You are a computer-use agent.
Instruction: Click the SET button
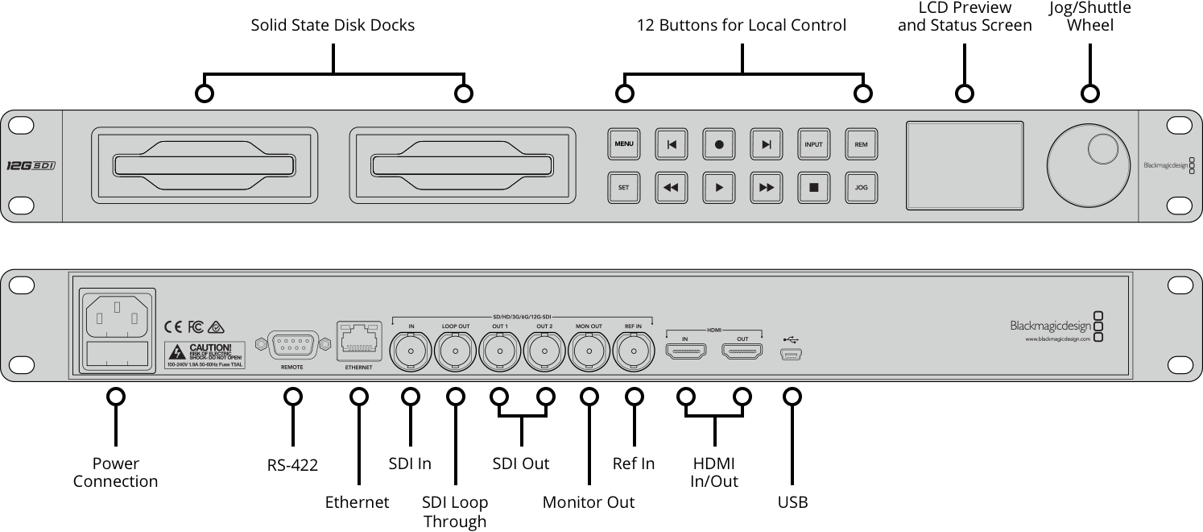(x=623, y=187)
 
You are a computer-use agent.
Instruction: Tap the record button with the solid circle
(x=719, y=144)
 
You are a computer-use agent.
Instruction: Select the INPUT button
(x=813, y=144)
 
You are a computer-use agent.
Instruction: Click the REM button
(x=861, y=144)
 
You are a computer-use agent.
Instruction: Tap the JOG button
(x=861, y=187)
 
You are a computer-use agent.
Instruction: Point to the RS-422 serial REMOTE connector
(x=291, y=345)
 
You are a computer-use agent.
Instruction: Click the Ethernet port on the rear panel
(x=359, y=342)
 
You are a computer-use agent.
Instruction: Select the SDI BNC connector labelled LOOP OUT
(x=456, y=351)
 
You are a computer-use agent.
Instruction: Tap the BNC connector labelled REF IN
(x=634, y=351)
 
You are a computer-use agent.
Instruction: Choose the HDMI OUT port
(x=742, y=351)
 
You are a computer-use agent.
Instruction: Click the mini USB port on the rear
(x=792, y=353)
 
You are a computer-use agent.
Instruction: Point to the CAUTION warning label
(x=205, y=355)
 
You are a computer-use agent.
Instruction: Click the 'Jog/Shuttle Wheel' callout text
(x=1089, y=16)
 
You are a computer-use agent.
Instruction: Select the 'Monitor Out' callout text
(x=589, y=502)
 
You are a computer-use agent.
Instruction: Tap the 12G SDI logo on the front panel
(x=31, y=165)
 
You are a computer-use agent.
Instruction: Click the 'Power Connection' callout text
(x=115, y=472)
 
